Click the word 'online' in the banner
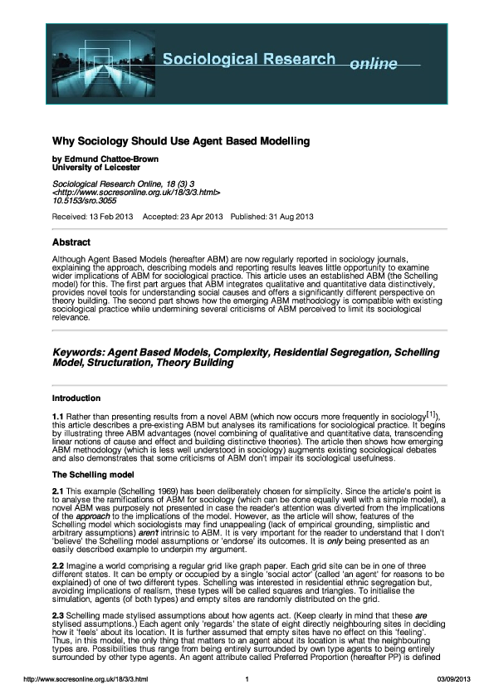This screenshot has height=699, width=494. pos(374,64)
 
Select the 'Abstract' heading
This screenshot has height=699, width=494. pos(71,243)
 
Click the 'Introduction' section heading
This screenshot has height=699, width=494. pos(76,398)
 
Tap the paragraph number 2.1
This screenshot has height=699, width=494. pos(58,492)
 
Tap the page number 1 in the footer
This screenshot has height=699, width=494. pos(247,681)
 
